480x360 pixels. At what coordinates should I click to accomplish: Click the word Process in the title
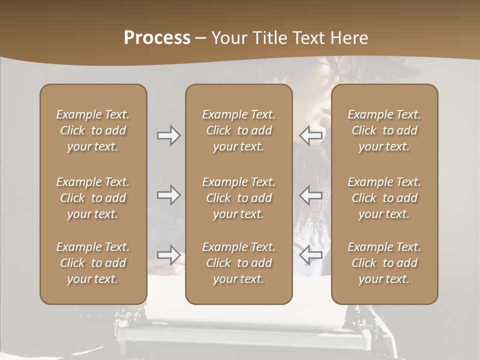pos(157,38)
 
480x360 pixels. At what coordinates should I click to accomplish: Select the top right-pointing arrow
pos(169,135)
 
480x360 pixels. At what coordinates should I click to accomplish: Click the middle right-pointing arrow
pos(169,195)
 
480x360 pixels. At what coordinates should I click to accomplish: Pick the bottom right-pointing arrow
pos(169,255)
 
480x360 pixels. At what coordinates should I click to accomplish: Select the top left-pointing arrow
pos(311,135)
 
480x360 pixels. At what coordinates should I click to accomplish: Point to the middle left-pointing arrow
pos(311,195)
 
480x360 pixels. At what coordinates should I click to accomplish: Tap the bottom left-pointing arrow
pos(311,255)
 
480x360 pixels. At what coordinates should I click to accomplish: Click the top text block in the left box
pos(93,130)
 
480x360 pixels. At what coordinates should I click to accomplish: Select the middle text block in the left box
pos(93,198)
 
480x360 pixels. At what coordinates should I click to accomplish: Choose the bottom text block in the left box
pos(93,263)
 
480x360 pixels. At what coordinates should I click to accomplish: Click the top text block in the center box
pos(239,130)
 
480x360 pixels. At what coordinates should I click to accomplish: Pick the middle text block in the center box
pos(239,198)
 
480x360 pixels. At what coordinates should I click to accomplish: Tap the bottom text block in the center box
pos(239,263)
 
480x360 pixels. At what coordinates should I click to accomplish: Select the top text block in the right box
pos(384,130)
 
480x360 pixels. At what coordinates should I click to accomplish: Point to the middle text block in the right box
pos(384,198)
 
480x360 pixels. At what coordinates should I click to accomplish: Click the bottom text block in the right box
pos(384,263)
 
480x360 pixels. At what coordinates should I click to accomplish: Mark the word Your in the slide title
pos(228,38)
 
